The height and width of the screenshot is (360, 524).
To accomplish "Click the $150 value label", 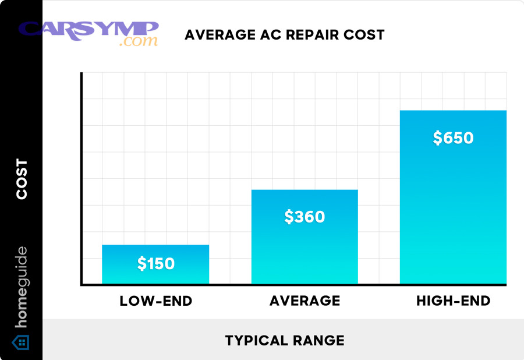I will coord(155,264).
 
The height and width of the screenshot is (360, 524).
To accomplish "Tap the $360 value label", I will coord(305,217).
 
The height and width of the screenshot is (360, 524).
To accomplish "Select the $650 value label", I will coord(453,138).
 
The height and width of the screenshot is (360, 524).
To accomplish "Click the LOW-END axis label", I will coord(155,301).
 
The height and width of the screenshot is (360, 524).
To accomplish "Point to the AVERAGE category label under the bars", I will coord(305,301).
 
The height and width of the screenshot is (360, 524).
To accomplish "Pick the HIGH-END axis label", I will coord(453,301).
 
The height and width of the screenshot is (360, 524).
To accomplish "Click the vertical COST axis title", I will coord(22,179).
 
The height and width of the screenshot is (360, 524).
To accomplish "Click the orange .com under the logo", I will coord(137,42).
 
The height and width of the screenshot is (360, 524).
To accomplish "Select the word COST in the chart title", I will coord(365,35).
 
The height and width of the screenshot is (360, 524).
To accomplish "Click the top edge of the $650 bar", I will coord(453,111).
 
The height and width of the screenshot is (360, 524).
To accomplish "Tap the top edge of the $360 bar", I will coord(305,190).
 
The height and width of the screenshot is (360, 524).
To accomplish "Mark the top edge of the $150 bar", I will coord(155,245).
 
